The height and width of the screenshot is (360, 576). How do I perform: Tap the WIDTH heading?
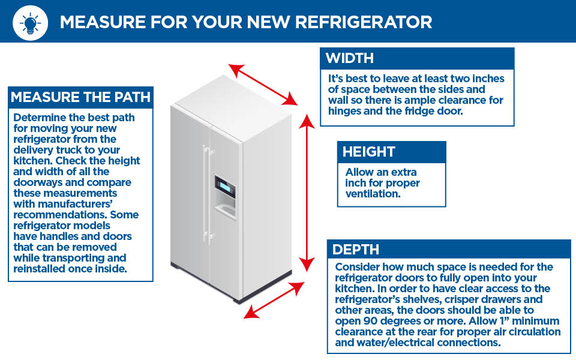click(x=350, y=58)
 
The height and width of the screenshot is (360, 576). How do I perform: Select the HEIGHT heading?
click(x=369, y=152)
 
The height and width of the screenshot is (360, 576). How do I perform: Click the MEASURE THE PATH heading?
click(x=80, y=97)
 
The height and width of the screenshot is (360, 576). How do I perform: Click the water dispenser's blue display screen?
click(x=224, y=187)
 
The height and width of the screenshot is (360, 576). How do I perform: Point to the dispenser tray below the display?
click(x=226, y=211)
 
